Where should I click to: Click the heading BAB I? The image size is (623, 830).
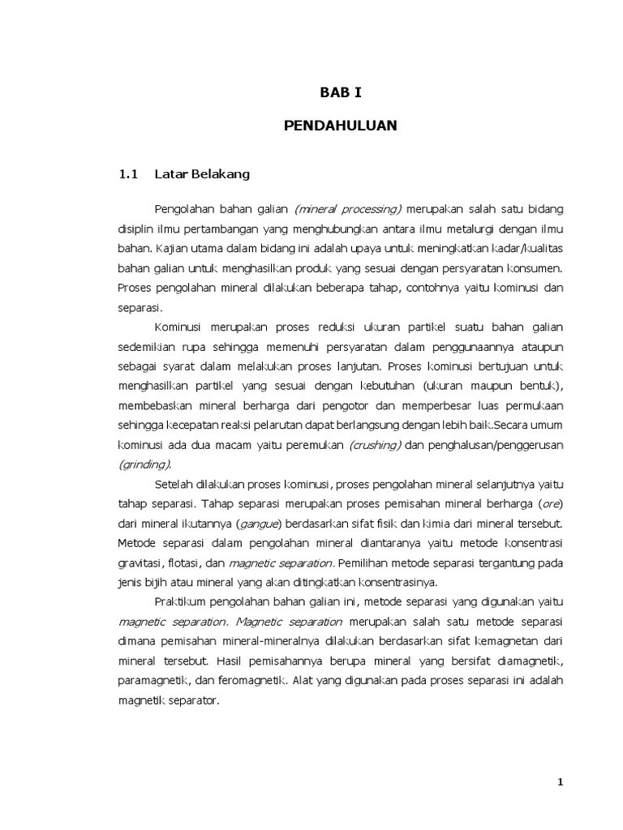(340, 92)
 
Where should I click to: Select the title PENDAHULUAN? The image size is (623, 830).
(340, 126)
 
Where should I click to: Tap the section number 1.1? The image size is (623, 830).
(130, 173)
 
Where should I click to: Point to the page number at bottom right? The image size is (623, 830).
(559, 781)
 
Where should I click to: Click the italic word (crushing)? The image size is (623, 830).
(376, 445)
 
